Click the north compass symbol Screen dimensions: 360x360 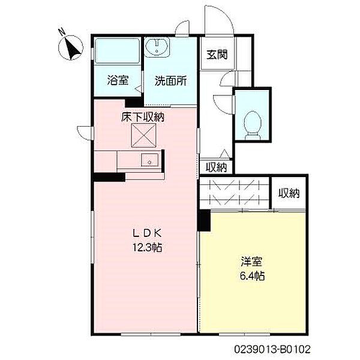click(x=70, y=47)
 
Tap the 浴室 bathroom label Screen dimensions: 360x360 click(x=118, y=80)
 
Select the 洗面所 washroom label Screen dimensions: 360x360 click(x=170, y=81)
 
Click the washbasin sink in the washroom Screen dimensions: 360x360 click(x=157, y=47)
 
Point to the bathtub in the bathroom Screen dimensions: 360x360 click(x=118, y=51)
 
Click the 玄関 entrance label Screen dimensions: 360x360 click(x=217, y=55)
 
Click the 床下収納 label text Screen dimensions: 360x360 click(x=143, y=118)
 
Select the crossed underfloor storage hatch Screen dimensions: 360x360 click(x=143, y=135)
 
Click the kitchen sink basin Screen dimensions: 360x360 click(x=149, y=160)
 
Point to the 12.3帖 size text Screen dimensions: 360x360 click(x=148, y=247)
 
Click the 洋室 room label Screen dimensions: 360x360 click(x=252, y=262)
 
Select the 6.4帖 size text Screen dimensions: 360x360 click(x=253, y=276)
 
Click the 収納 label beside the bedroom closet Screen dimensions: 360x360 click(x=289, y=193)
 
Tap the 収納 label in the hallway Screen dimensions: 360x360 click(x=216, y=167)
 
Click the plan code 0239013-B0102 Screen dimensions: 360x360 click(x=272, y=350)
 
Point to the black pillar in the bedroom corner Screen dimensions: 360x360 click(x=205, y=220)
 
